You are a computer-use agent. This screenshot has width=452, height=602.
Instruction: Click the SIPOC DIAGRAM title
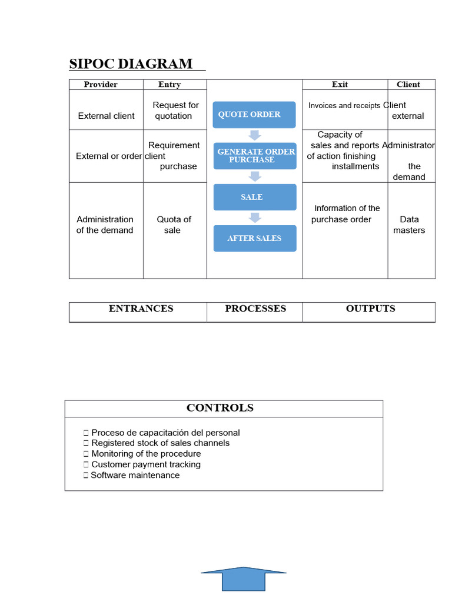click(x=131, y=63)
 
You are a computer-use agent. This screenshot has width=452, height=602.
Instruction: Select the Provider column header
click(x=101, y=85)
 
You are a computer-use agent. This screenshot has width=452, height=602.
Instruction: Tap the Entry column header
click(x=169, y=85)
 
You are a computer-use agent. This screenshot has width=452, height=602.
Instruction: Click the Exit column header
click(x=340, y=85)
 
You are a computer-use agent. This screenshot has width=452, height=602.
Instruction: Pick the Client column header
click(x=408, y=85)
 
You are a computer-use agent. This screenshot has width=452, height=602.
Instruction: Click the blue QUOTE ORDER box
click(x=254, y=115)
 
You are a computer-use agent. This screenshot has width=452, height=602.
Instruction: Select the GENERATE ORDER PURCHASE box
click(x=255, y=156)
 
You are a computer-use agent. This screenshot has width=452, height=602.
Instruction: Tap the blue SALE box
click(x=254, y=198)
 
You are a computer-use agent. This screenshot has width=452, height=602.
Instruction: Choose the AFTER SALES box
click(x=254, y=238)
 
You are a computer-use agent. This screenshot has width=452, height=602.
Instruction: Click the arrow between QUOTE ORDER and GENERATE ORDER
click(x=254, y=135)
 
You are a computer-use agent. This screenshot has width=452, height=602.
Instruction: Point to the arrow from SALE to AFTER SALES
click(x=254, y=218)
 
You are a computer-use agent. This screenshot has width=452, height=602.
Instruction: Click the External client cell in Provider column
click(x=106, y=116)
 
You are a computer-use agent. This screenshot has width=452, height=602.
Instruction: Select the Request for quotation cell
click(x=175, y=111)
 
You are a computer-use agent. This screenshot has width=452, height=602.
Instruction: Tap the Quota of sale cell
click(x=174, y=225)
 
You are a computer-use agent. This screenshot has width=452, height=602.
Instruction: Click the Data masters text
click(x=409, y=225)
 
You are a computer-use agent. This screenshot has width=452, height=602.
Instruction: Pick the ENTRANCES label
click(x=141, y=309)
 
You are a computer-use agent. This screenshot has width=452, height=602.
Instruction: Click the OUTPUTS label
click(x=370, y=309)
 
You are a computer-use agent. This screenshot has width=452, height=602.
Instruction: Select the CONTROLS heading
click(x=220, y=408)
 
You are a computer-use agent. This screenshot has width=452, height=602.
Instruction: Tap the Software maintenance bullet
click(x=135, y=475)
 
